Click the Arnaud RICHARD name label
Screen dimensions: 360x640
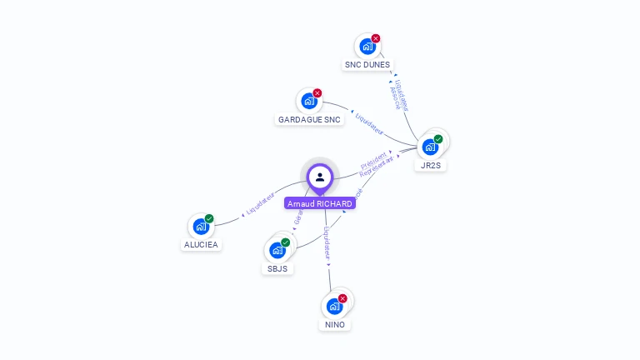[x=320, y=203]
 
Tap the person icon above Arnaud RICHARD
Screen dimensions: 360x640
[x=320, y=177]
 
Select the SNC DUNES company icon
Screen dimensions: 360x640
[x=367, y=47]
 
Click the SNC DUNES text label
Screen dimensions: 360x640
[x=367, y=65]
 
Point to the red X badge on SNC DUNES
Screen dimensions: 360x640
[x=376, y=38]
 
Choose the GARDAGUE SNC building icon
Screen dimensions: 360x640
[x=309, y=102]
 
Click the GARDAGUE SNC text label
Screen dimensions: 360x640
[x=309, y=120]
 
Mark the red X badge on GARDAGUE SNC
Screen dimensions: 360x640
[x=317, y=93]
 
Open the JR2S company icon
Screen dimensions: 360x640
[x=430, y=147]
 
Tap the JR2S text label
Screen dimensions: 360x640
[x=431, y=165]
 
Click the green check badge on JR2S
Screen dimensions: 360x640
[x=438, y=139]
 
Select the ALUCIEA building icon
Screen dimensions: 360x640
[x=200, y=227]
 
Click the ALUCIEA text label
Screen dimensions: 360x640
[x=200, y=245]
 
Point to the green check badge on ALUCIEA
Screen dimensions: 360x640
[x=209, y=218]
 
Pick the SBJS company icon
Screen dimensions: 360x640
[x=277, y=250]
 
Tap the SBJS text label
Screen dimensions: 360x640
[x=277, y=268]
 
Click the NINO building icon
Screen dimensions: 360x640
[x=334, y=306]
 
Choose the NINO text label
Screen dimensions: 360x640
[x=334, y=324]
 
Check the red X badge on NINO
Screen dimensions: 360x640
[x=342, y=297]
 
